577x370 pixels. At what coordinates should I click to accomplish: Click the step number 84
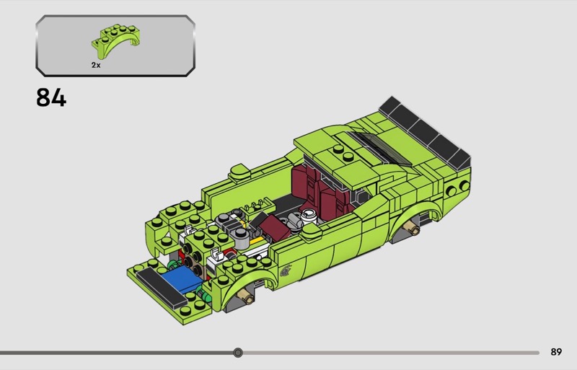[x=51, y=98]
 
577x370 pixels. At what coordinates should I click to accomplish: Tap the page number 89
[x=556, y=352]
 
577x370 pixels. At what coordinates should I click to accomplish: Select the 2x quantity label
[x=96, y=65]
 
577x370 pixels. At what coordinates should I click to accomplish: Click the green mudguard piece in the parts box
[x=116, y=40]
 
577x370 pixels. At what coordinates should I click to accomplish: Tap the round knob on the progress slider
[x=238, y=353]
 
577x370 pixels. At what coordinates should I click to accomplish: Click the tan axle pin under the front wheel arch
[x=246, y=296]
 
